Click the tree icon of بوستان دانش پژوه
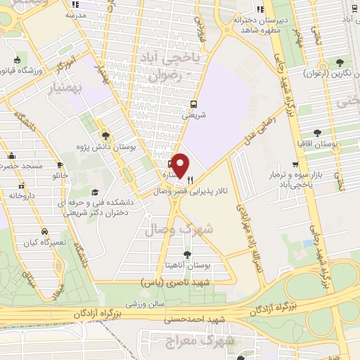pyautogui.click(x=105, y=136)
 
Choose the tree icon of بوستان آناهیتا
pyautogui.click(x=188, y=255)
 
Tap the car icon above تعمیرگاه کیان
pyautogui.click(x=44, y=231)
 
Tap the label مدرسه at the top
pyautogui.click(x=75, y=14)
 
